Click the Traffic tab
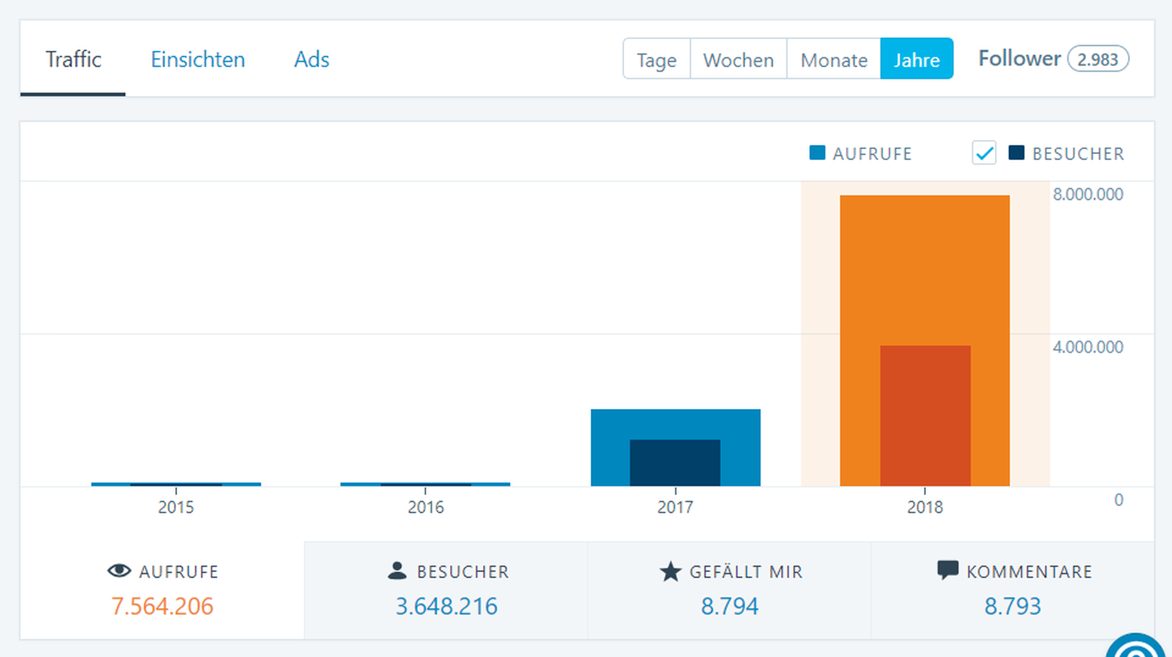73,59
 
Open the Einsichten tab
198,59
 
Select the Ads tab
311,59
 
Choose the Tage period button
656,59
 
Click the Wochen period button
738,59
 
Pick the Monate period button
834,59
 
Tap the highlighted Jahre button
917,59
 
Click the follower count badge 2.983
1098,59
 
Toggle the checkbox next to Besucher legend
984,153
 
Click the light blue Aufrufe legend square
817,153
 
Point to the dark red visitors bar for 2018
925,415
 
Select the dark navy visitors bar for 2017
675,462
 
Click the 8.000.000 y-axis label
1087,194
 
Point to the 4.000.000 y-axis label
1087,347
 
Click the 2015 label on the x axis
176,507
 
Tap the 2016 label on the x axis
426,507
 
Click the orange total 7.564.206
162,606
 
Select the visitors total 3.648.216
446,606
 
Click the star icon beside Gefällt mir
670,571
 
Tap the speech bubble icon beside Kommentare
948,571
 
